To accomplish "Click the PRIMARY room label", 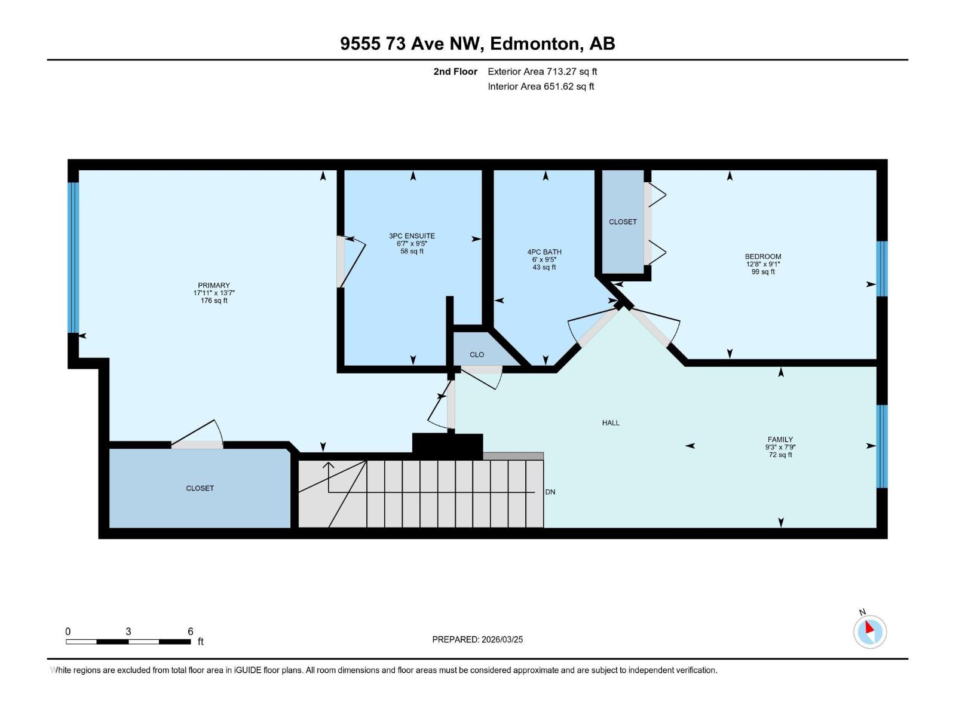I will [214, 286].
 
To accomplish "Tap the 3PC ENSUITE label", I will [412, 236].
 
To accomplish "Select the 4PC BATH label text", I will [544, 252].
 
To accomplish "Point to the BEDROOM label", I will [763, 256].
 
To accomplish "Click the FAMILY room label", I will [780, 439].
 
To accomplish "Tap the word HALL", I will [611, 423].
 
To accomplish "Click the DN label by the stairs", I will [550, 492].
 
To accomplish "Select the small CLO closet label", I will [477, 355].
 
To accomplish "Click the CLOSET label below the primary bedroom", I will [200, 488].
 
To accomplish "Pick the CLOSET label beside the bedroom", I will [623, 222].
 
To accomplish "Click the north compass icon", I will [869, 631].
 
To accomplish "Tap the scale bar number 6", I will [191, 632].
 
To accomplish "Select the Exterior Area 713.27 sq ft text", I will [542, 72].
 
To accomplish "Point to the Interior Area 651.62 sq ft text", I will [541, 87].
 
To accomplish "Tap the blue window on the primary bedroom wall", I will [73, 257].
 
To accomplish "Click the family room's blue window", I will [882, 446].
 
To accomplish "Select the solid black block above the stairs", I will [448, 446].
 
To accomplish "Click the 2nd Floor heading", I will [455, 72].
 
